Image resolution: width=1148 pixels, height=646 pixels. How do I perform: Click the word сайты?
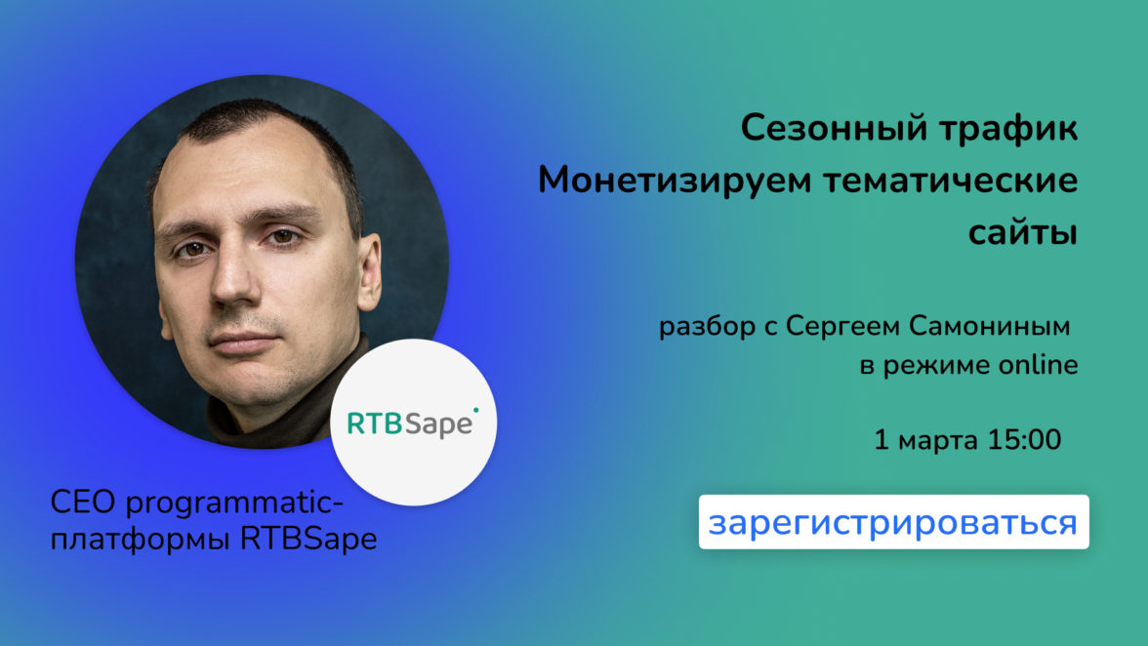(x=1023, y=232)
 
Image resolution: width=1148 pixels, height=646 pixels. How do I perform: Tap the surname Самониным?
(x=989, y=326)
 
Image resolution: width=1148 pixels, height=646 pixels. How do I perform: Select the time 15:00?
(x=1024, y=440)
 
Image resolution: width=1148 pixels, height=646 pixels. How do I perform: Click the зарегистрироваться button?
(x=893, y=522)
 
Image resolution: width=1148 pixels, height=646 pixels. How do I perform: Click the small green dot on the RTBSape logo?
(x=475, y=411)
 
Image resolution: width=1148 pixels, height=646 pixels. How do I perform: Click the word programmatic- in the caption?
(x=234, y=505)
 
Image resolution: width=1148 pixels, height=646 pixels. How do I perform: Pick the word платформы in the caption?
(x=142, y=540)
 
